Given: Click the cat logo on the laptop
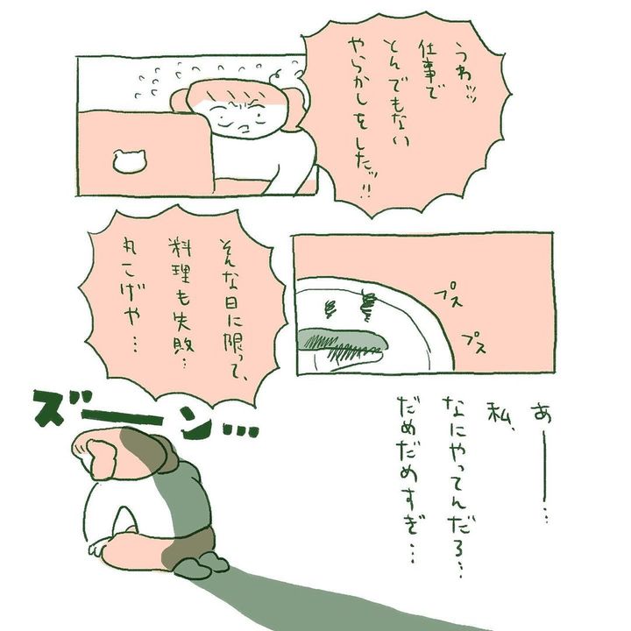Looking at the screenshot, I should (128, 160).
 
